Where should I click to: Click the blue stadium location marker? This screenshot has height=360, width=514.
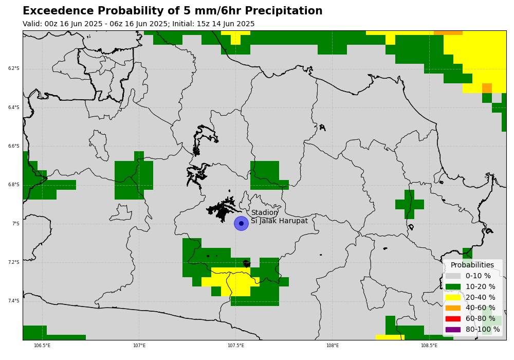coord(241,223)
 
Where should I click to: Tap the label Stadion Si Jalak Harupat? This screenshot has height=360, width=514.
coord(279,217)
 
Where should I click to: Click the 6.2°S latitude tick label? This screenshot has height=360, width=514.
coord(14,68)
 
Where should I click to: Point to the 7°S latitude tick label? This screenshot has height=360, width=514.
coord(16,224)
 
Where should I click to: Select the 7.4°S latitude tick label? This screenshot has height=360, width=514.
coord(14,301)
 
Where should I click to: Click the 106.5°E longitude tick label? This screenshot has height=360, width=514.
coord(42,345)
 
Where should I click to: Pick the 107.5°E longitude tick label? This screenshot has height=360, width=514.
coord(236,345)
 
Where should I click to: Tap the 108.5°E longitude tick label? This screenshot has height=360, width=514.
coord(429,345)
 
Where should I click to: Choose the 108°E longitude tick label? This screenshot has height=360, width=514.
coord(333,345)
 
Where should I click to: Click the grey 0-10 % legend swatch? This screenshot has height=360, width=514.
coord(453,276)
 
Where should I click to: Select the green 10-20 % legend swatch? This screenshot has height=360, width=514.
coord(453,287)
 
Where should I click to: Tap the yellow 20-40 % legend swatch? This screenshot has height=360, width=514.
coord(453,297)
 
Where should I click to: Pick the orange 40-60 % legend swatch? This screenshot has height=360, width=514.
coord(453,308)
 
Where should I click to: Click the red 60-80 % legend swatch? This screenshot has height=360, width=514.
coord(453,319)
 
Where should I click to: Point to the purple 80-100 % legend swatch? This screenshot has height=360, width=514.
coord(453,330)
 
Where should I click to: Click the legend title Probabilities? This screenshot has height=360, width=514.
coord(472,265)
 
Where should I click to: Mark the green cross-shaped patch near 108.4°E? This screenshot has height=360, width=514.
coord(410,204)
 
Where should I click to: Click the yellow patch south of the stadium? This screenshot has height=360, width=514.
coord(231,281)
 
